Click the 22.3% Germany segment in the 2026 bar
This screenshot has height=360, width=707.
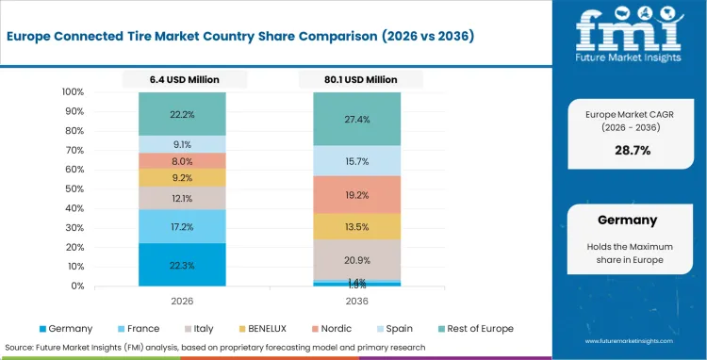(182, 265)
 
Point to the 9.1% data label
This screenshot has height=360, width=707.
(182, 144)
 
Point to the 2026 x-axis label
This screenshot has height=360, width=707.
(182, 302)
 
